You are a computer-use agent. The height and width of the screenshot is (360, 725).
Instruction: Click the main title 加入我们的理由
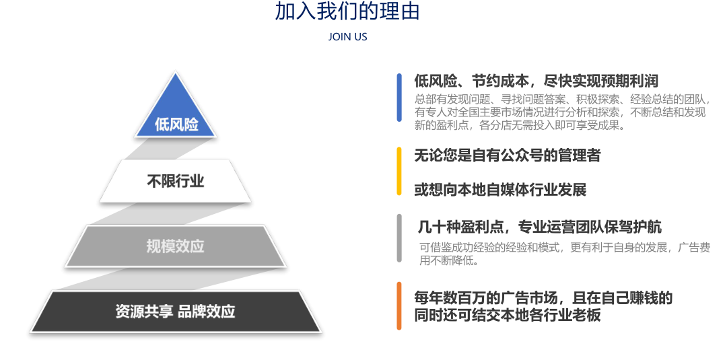347,11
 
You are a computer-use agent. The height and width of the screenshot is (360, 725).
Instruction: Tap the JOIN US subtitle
348,37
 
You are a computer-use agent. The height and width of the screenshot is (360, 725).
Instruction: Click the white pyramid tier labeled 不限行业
175,181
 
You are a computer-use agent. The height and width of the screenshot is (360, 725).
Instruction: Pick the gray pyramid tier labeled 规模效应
175,246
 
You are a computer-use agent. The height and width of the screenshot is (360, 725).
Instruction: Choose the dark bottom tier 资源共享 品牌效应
175,311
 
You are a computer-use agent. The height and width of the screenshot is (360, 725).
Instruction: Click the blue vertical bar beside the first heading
399,97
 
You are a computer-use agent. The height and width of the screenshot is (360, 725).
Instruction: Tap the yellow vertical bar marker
399,171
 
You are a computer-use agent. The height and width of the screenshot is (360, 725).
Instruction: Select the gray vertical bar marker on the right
399,238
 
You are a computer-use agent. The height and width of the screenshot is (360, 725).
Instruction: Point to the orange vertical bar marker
399,306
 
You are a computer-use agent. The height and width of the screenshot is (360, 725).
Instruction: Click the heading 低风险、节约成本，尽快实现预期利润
537,81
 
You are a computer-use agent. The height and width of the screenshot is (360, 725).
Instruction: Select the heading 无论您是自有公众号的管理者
507,155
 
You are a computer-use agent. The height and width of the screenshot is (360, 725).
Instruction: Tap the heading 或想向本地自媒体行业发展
500,190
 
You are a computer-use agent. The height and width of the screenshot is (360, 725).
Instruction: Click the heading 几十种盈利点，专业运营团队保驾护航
540,227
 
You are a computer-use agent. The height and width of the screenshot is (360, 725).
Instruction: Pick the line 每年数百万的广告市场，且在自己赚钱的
543,297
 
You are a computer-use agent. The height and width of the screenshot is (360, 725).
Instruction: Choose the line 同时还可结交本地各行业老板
508,315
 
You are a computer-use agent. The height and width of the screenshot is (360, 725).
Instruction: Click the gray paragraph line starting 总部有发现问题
562,100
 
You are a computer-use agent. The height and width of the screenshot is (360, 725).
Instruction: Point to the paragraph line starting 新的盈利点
520,125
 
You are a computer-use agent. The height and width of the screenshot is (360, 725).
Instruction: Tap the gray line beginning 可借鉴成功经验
565,248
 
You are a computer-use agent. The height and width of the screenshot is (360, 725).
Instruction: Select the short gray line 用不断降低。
449,260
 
